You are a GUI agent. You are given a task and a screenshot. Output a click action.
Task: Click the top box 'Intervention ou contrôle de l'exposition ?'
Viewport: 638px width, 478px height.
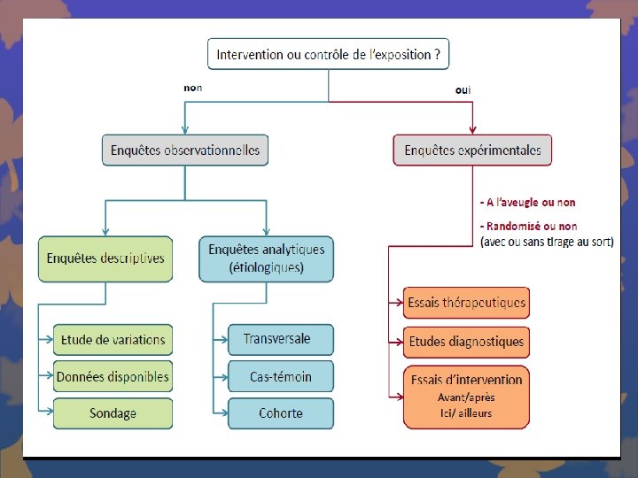point(328,54)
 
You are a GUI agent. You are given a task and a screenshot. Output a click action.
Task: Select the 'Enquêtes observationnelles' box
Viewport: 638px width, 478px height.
point(185,150)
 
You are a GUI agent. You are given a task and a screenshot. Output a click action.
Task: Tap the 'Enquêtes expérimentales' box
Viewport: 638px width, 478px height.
point(472,150)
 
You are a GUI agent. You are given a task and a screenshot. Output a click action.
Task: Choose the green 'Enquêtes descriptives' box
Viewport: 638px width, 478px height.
point(105,258)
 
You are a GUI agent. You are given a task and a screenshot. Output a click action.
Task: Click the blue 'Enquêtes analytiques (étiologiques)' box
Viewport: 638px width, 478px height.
point(267,258)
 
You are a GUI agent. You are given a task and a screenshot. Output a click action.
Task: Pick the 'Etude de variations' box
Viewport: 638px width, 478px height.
point(113,340)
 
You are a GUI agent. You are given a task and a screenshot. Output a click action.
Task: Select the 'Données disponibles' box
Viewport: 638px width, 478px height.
point(113,376)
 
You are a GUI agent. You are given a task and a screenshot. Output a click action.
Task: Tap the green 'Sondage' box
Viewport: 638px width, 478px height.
point(113,412)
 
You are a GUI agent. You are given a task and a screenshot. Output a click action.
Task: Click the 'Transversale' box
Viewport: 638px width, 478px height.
point(281,339)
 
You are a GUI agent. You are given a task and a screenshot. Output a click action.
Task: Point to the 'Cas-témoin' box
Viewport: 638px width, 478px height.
point(281,376)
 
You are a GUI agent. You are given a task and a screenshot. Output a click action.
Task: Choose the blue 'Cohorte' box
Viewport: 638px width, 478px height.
point(281,412)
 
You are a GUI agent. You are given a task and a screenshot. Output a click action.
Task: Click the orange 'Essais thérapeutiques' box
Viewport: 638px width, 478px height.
point(466,303)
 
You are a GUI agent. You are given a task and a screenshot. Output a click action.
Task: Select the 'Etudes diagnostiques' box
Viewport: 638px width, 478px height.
point(466,341)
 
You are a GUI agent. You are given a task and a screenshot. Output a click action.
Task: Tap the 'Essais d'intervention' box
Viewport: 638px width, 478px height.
point(466,380)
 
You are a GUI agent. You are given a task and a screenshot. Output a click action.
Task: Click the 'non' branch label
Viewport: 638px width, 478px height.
point(192,88)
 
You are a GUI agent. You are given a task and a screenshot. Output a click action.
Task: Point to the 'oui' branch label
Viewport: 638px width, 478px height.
point(463,89)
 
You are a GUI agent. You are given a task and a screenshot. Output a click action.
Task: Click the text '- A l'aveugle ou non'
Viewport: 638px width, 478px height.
point(527,203)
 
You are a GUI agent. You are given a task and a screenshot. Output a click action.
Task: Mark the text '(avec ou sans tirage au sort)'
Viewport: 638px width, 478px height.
point(546,241)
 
